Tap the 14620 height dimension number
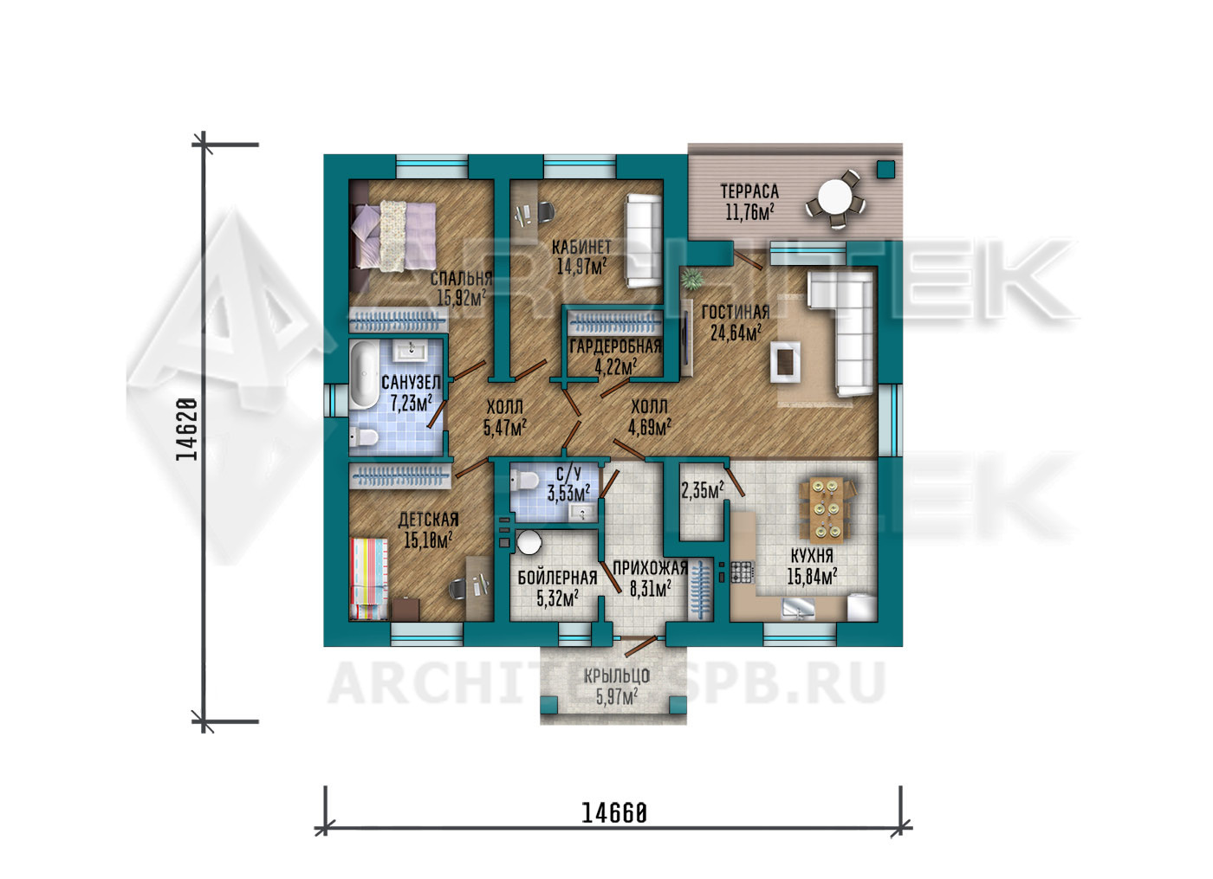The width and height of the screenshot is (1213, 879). coord(186,430)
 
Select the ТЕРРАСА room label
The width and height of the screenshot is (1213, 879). coord(749,191)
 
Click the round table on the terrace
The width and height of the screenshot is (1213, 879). coord(834,197)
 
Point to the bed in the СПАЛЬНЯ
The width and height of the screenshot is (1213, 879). coord(394,236)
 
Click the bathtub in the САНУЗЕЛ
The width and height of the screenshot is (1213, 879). coord(365,374)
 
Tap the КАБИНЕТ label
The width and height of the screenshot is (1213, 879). coord(581,248)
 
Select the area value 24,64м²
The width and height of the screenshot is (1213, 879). coord(736,333)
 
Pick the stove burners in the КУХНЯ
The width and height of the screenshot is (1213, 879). coord(742,572)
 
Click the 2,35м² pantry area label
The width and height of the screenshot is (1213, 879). coord(703,490)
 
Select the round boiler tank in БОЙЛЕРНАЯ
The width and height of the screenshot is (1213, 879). coord(529,542)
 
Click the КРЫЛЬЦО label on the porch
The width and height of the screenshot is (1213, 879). coord(617,676)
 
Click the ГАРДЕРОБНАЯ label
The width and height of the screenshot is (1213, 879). coord(616,346)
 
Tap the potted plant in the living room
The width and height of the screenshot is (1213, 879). coord(691,280)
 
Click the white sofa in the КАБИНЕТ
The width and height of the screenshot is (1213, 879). coord(643,241)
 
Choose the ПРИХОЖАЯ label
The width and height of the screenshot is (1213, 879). coord(650,568)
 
